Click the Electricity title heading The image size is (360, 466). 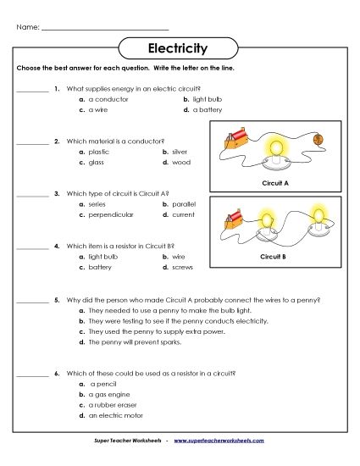(180, 48)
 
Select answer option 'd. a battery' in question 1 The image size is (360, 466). (203, 109)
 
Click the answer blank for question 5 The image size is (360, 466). (32, 301)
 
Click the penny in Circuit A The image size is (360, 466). (319, 141)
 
